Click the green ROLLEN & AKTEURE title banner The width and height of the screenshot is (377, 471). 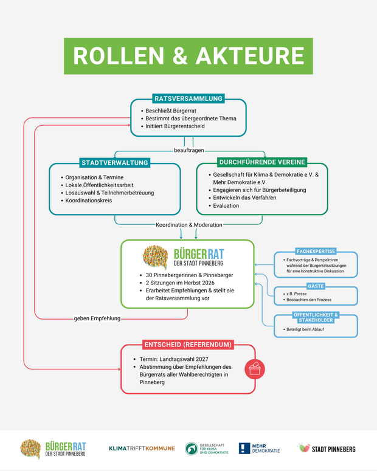[x=188, y=56]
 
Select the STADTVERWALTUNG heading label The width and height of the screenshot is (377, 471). [x=115, y=162]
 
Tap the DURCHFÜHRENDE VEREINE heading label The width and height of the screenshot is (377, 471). [x=262, y=162]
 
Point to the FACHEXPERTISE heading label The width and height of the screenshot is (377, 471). [x=316, y=251]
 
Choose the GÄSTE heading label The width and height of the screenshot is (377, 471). [x=316, y=285]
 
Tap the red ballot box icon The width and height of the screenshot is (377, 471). [x=255, y=368]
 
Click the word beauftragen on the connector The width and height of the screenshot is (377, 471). [x=188, y=150]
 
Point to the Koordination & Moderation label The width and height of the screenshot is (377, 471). [x=188, y=225]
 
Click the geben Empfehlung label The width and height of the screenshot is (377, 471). [x=97, y=318]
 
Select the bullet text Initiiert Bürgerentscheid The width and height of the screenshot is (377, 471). [x=175, y=126]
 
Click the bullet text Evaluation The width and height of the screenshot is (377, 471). [x=226, y=205]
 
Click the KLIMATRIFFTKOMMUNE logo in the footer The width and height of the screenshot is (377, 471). [x=142, y=449]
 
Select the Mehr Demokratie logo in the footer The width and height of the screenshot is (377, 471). [x=260, y=449]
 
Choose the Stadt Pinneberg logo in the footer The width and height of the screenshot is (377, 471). [x=327, y=449]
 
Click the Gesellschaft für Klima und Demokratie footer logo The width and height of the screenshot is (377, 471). [x=207, y=449]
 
